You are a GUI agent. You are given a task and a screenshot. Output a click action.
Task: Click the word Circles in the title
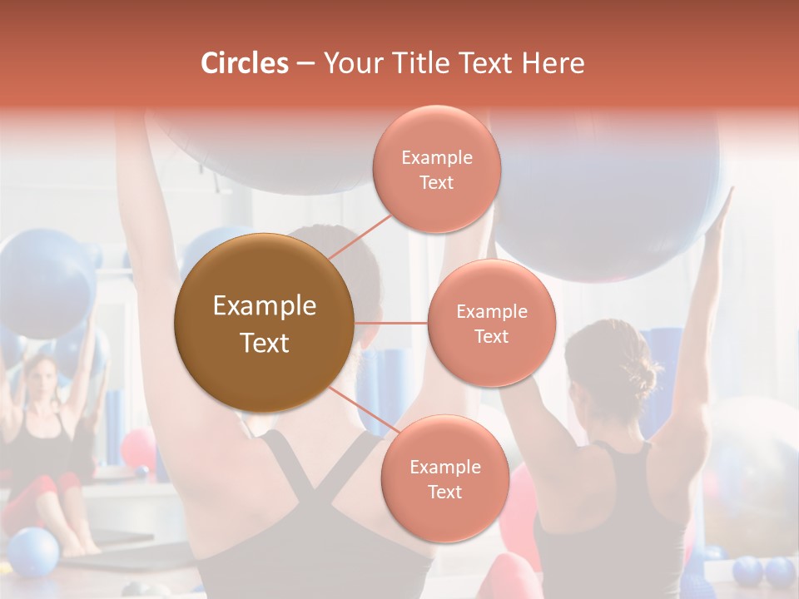[x=244, y=63]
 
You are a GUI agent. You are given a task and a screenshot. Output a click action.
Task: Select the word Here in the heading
[x=553, y=63]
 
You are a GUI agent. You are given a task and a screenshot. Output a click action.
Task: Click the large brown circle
[x=264, y=323]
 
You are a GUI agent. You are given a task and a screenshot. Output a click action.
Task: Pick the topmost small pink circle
[x=436, y=170]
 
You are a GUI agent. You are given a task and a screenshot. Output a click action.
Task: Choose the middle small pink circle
[x=491, y=323]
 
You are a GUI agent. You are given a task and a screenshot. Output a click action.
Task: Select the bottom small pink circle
[x=444, y=478]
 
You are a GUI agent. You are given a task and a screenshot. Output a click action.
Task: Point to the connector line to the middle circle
[x=391, y=323]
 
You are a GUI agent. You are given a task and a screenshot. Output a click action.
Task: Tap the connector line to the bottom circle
[x=363, y=408]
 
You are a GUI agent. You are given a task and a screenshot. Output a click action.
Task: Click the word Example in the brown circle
[x=264, y=306]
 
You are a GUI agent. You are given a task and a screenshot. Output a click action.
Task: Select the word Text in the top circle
[x=436, y=182]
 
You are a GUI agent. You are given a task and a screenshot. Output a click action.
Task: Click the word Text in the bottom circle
[x=444, y=492]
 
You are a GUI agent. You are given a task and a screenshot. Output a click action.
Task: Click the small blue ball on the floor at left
[x=33, y=552]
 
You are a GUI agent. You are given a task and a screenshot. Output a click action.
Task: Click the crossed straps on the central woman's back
[x=333, y=491]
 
